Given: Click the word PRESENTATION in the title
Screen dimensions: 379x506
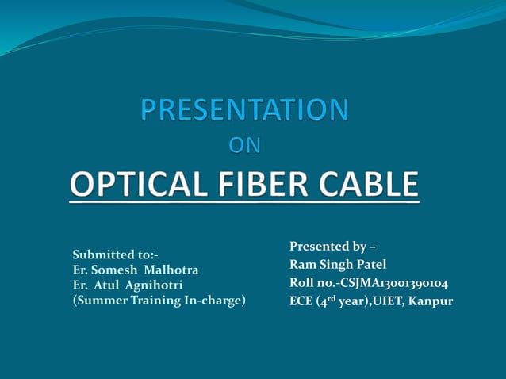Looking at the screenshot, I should (244, 110).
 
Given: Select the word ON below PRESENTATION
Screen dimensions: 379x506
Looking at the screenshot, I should (244, 146).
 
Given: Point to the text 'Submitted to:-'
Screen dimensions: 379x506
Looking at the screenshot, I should (115, 255).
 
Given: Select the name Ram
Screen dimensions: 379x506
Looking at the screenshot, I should (301, 264).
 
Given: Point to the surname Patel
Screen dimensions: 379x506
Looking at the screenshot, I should (370, 264).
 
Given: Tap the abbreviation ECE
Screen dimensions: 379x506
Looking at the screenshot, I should (302, 301).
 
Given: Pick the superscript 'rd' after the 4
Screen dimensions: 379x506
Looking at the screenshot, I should (332, 297).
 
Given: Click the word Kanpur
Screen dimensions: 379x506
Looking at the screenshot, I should (431, 301).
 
